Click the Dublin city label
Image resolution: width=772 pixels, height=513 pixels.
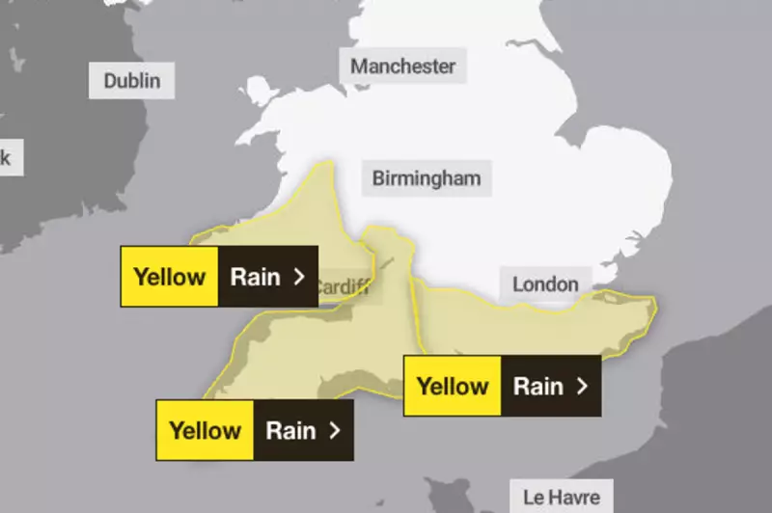[x=132, y=81]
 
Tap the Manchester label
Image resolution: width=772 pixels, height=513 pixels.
[x=402, y=67]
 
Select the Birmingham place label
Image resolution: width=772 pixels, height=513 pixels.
[x=426, y=178]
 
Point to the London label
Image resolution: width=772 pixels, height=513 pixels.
[x=545, y=283]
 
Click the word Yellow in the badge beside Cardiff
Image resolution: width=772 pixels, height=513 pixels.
[x=170, y=277]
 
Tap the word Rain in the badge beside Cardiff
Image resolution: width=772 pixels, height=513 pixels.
[x=255, y=277]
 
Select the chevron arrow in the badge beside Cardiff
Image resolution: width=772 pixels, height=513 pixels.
[x=298, y=277]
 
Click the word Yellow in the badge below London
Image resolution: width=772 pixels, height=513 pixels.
[x=453, y=387]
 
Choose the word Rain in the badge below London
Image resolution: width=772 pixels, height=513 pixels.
[x=538, y=387]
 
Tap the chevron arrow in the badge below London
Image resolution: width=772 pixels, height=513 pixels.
[x=581, y=387]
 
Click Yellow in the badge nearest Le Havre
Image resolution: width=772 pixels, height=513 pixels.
[x=453, y=387]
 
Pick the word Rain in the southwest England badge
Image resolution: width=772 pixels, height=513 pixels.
[x=290, y=430]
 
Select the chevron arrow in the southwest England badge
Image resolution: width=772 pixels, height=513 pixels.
[x=334, y=430]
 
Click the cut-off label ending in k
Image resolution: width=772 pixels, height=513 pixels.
[x=6, y=156]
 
